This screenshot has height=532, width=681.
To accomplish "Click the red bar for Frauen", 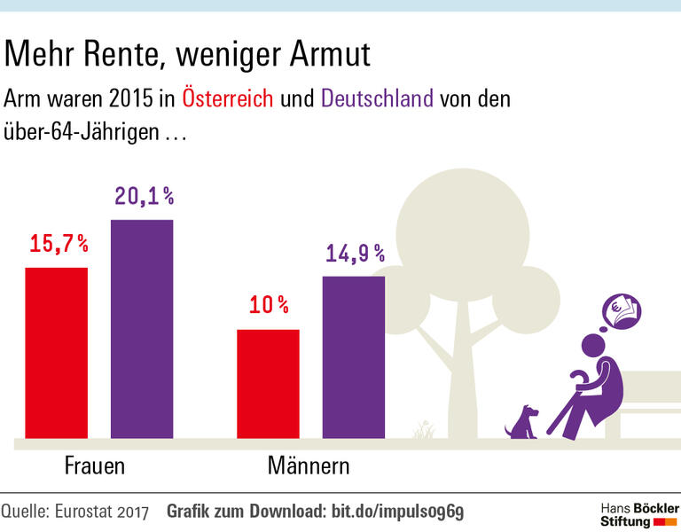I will [56, 352].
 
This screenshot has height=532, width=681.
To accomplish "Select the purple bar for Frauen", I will [141, 329].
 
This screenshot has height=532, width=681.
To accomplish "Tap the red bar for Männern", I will [268, 383].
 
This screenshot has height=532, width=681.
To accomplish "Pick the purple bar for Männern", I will [353, 356].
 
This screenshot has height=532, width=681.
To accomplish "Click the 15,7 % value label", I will [59, 244].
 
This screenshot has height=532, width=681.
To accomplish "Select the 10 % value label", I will [269, 306].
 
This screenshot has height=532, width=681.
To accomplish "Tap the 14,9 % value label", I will [355, 254].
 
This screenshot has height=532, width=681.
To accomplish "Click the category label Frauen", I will [95, 466].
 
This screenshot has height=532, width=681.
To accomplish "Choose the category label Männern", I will [309, 466].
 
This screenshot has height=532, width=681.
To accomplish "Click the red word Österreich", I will [228, 98].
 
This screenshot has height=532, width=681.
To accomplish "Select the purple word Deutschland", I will [377, 98].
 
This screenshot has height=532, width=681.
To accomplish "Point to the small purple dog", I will [521, 423].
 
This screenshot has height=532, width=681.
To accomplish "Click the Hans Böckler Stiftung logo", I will [638, 513].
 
